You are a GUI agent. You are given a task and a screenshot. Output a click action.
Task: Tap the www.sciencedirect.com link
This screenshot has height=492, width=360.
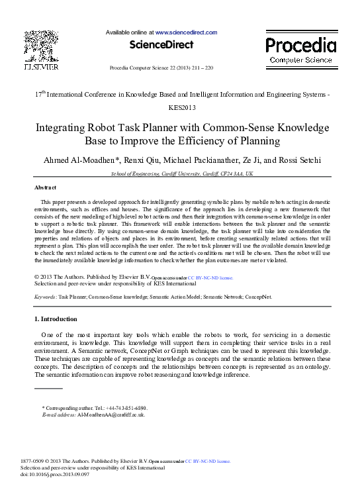(186, 32)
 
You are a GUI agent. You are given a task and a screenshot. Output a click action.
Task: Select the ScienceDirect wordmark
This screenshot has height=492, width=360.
(161, 45)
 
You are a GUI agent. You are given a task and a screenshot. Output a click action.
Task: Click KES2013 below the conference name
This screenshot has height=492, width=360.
(180, 107)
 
